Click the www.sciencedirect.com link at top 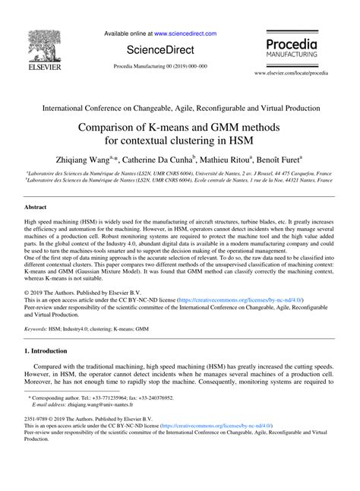coord(185,34)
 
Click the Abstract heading coord(36,206)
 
